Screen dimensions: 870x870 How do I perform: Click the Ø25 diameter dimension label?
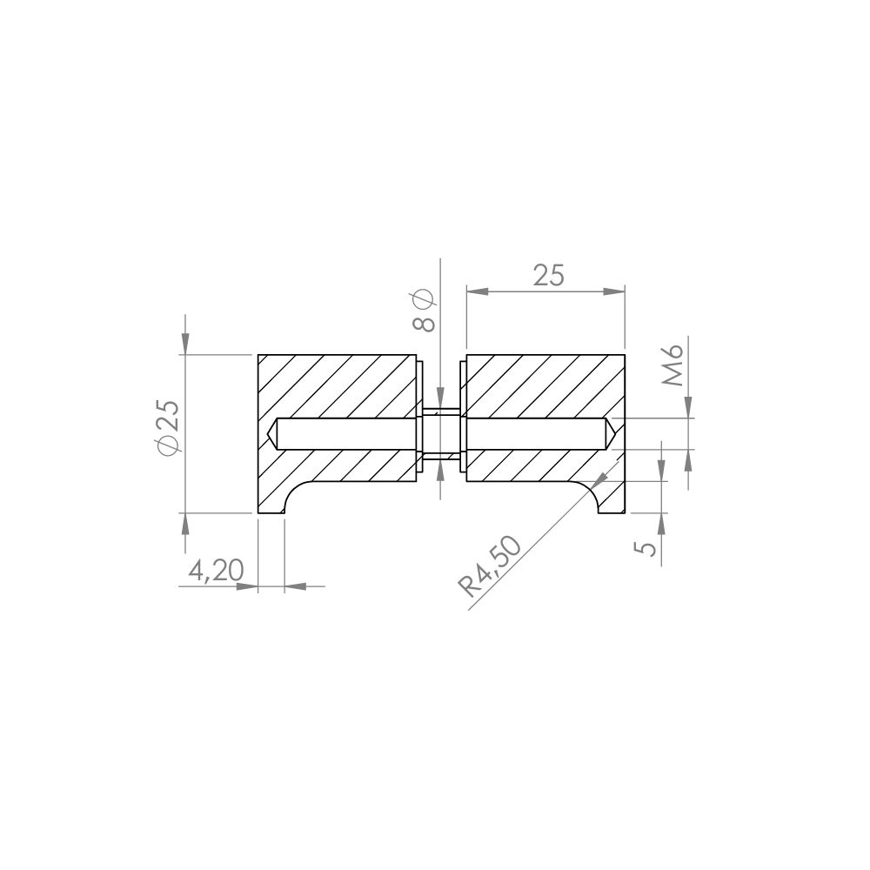[169, 427]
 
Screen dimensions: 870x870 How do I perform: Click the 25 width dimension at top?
[547, 276]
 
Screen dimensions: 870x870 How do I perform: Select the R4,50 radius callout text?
[489, 566]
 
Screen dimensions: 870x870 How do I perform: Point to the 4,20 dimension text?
[216, 571]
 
